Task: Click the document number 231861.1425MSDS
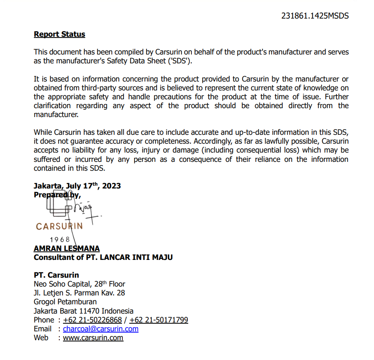coord(315,16)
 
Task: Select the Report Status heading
coord(59,34)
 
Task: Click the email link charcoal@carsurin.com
coord(101,329)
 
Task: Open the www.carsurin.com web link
coord(93,338)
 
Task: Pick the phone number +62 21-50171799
coord(159,320)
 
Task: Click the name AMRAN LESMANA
coord(67,249)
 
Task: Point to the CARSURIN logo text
coord(59,226)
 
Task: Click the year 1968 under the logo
coord(60,240)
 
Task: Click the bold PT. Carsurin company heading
coord(57,275)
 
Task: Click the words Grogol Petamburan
coord(65,302)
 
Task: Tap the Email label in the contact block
coord(43,329)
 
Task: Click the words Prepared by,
coord(57,195)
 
